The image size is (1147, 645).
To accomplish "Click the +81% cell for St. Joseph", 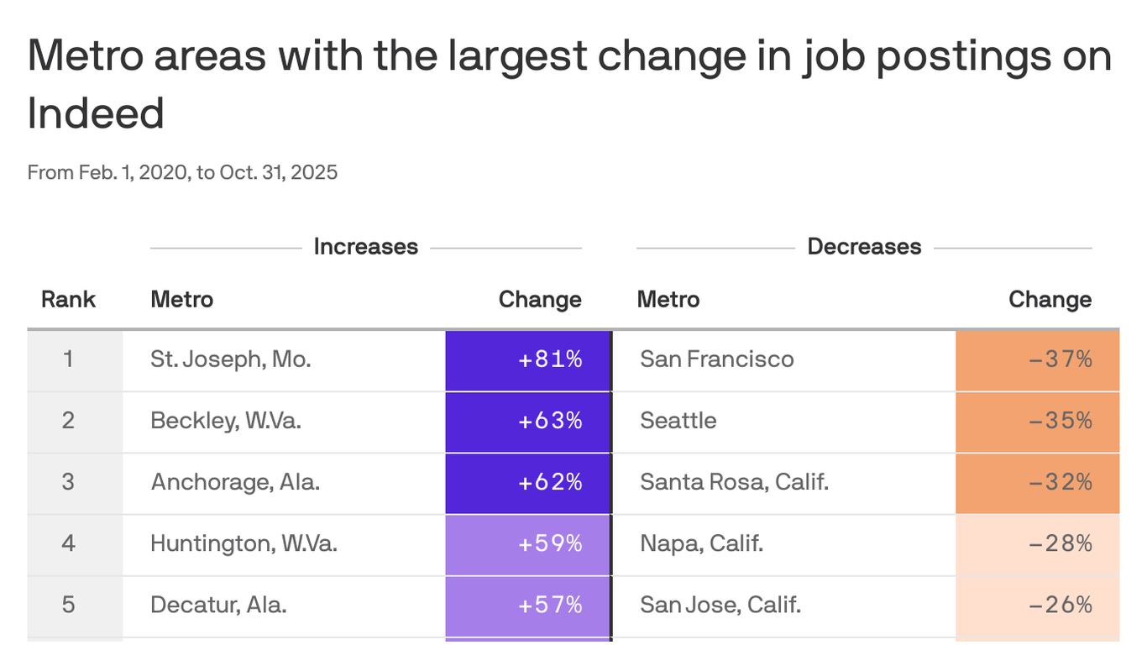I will tap(528, 360).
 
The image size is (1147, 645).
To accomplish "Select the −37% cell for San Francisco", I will tap(1038, 360).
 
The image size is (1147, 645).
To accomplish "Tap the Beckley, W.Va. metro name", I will tap(226, 421).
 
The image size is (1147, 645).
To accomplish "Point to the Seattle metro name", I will tap(678, 421).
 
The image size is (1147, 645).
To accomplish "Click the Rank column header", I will tap(69, 300).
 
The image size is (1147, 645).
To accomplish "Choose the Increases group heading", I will tap(365, 247).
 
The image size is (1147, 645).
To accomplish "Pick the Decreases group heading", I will tap(864, 247).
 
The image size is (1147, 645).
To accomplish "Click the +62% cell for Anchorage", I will tap(528, 483).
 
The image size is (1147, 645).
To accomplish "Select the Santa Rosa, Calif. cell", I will tap(734, 483).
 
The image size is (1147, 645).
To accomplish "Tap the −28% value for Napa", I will tap(1038, 544).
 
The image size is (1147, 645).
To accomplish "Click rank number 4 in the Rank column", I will tap(69, 544).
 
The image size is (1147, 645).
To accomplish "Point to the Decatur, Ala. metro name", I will tap(218, 606).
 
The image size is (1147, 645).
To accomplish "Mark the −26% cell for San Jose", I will tap(1038, 606).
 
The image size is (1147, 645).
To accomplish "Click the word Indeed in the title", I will tap(96, 113).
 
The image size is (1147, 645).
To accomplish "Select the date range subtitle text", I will tap(182, 173).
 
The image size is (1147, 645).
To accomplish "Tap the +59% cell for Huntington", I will tap(528, 544).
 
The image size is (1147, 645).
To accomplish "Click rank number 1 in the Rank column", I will tap(69, 360).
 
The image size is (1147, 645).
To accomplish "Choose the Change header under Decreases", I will tap(1050, 300).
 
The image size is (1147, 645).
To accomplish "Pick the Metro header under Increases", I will tap(182, 300).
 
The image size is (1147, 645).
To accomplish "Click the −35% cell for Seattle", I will tap(1038, 421).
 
